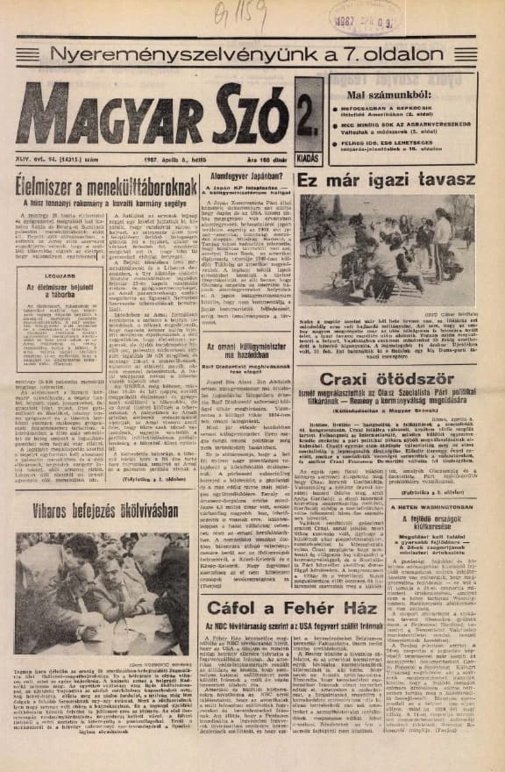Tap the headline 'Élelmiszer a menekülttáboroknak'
pos(106,186)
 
